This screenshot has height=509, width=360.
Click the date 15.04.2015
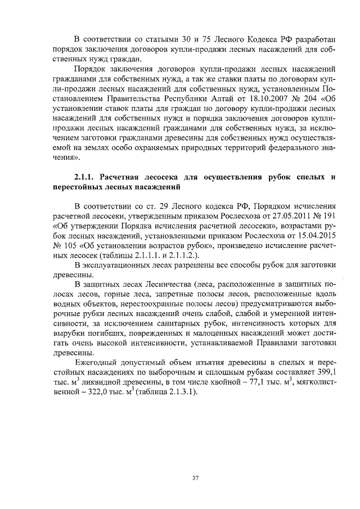(316, 236)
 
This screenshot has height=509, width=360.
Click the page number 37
(196, 478)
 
